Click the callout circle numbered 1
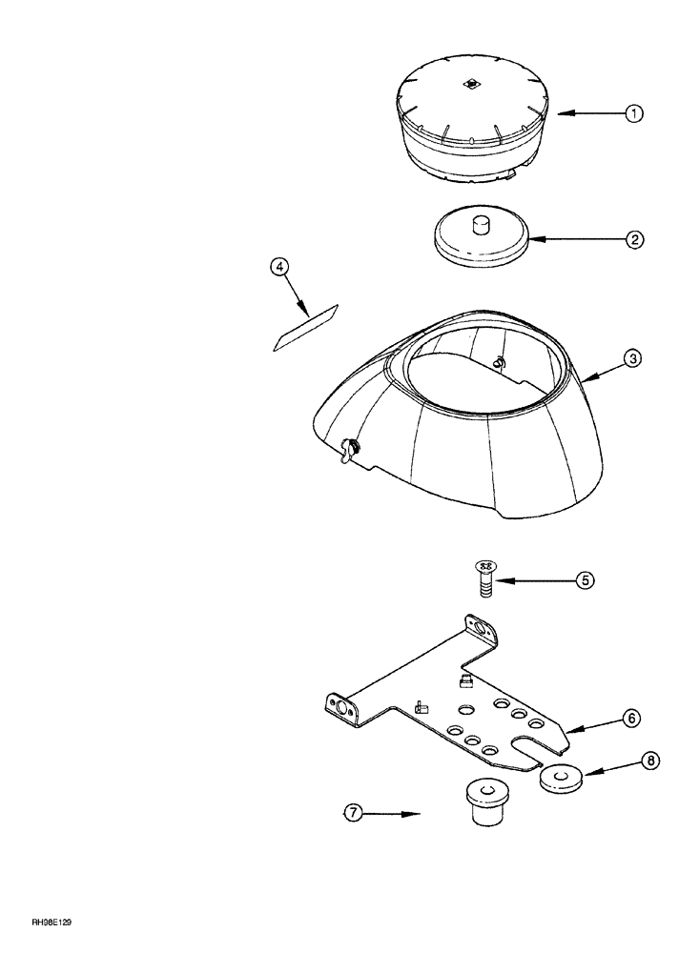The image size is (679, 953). [x=634, y=113]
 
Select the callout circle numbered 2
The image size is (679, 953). [x=634, y=240]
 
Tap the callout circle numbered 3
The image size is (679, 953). [x=634, y=359]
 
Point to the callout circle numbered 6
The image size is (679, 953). [x=632, y=717]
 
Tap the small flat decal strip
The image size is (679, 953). [x=305, y=329]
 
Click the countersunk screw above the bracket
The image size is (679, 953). [x=484, y=578]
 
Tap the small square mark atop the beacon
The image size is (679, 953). [x=471, y=84]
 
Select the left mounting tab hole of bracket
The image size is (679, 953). [x=338, y=708]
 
